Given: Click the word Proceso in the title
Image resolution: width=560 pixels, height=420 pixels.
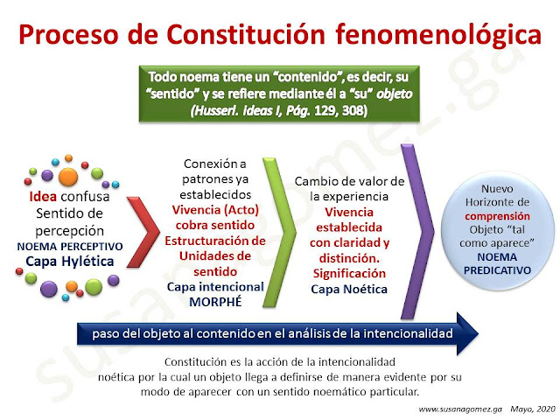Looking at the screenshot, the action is click(x=68, y=34).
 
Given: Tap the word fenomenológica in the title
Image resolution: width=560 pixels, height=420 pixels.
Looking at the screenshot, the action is click(x=438, y=34).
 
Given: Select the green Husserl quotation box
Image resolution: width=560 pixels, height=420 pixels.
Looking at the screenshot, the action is click(x=279, y=94).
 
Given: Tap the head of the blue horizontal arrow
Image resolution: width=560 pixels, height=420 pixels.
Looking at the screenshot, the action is click(x=467, y=333).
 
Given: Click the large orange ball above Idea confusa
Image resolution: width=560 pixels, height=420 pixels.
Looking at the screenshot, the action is click(x=68, y=177).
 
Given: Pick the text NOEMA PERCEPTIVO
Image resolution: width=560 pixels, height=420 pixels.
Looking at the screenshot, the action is click(x=70, y=247).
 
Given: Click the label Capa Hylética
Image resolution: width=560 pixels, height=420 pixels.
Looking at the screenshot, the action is click(x=70, y=262).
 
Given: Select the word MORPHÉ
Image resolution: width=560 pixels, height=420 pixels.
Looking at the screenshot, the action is click(x=215, y=302).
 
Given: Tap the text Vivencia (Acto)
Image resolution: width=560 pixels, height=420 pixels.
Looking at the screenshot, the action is click(x=215, y=210).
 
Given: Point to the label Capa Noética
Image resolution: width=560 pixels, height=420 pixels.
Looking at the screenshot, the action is click(x=349, y=289).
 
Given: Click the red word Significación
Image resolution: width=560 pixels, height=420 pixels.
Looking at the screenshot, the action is click(x=349, y=274).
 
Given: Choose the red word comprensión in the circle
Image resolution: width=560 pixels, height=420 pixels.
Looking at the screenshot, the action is click(x=497, y=216).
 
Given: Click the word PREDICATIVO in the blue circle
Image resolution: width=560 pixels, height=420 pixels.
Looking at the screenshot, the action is click(x=497, y=270).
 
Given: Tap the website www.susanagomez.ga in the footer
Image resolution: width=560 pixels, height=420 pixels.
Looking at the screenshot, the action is click(x=460, y=409).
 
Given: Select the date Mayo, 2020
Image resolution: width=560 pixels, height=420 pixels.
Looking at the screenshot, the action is click(x=533, y=409).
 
